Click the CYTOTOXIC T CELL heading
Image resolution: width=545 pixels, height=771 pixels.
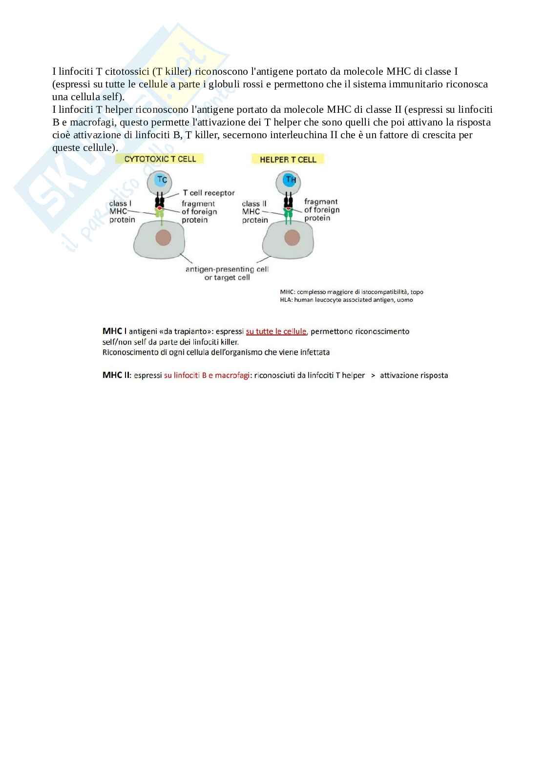(x=160, y=159)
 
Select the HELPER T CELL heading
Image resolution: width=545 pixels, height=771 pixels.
(x=288, y=159)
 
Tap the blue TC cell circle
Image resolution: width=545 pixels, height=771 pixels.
(x=162, y=180)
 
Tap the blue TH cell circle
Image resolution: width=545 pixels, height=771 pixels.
(x=291, y=180)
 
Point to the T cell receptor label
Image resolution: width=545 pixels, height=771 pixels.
(x=209, y=193)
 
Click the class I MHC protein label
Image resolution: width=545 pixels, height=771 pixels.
(x=121, y=211)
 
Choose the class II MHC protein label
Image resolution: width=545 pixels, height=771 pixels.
(x=254, y=212)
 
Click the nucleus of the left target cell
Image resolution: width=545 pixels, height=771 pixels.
(x=163, y=238)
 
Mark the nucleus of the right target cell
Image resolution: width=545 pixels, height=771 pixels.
(x=292, y=238)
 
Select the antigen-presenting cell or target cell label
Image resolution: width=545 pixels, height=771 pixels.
(x=227, y=273)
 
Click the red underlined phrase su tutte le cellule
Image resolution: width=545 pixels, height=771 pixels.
(x=276, y=331)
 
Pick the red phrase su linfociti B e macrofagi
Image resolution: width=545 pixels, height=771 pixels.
(x=207, y=375)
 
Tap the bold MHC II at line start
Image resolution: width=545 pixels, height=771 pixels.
(x=116, y=375)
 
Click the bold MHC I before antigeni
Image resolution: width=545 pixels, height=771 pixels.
(x=114, y=331)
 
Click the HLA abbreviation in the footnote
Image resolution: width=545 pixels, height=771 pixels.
(x=286, y=300)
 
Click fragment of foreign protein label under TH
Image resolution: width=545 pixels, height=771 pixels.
(x=321, y=210)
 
